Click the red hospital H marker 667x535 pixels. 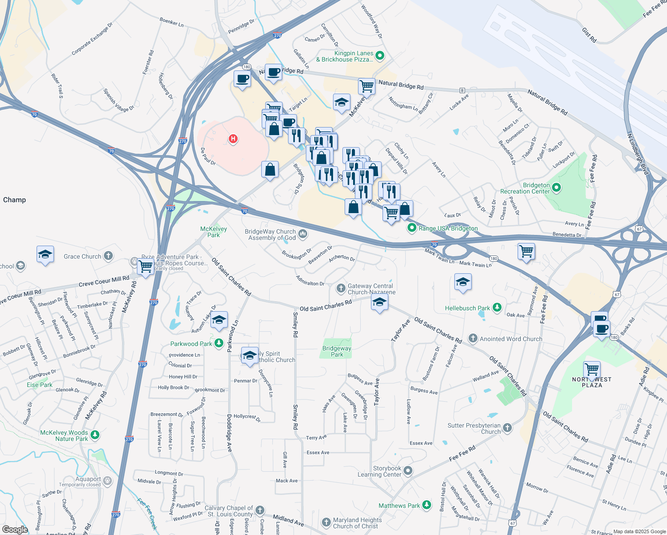pos(233,139)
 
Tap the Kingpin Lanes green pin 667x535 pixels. pos(380,56)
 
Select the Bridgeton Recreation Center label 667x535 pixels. pos(525,188)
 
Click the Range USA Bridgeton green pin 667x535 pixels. pos(412,228)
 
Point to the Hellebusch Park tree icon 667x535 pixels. pos(497,308)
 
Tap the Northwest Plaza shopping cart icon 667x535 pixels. pos(592,369)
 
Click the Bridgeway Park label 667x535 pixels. pos(337,351)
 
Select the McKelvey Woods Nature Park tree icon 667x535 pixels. pos(95,434)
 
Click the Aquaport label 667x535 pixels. pos(88,479)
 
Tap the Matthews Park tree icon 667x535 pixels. pos(427,505)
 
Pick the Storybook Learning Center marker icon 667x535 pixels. pos(408,471)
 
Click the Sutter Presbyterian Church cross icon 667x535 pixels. pos(507,428)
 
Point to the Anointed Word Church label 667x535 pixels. pos(511,339)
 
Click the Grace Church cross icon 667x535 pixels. pos(108,256)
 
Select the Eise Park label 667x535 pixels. pos(40,385)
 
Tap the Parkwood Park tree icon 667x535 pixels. pos(218,343)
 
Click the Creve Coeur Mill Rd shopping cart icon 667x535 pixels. pos(146,267)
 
